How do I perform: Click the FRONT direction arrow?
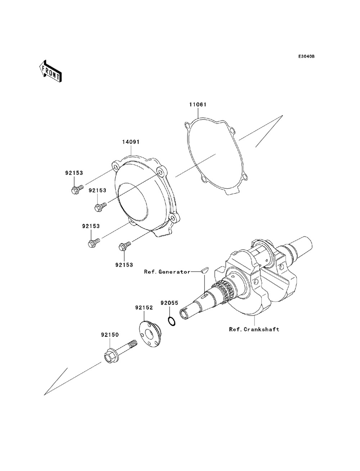pos(50,71)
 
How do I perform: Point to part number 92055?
pos(169,303)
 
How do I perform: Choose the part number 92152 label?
pos(144,308)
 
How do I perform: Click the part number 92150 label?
pos(110,335)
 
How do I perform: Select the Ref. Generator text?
pos(167,272)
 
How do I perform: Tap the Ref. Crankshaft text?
pos(254,329)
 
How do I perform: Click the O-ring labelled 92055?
pos(172,321)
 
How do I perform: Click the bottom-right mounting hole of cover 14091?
pos(174,218)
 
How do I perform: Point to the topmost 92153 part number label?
pos(74,173)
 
